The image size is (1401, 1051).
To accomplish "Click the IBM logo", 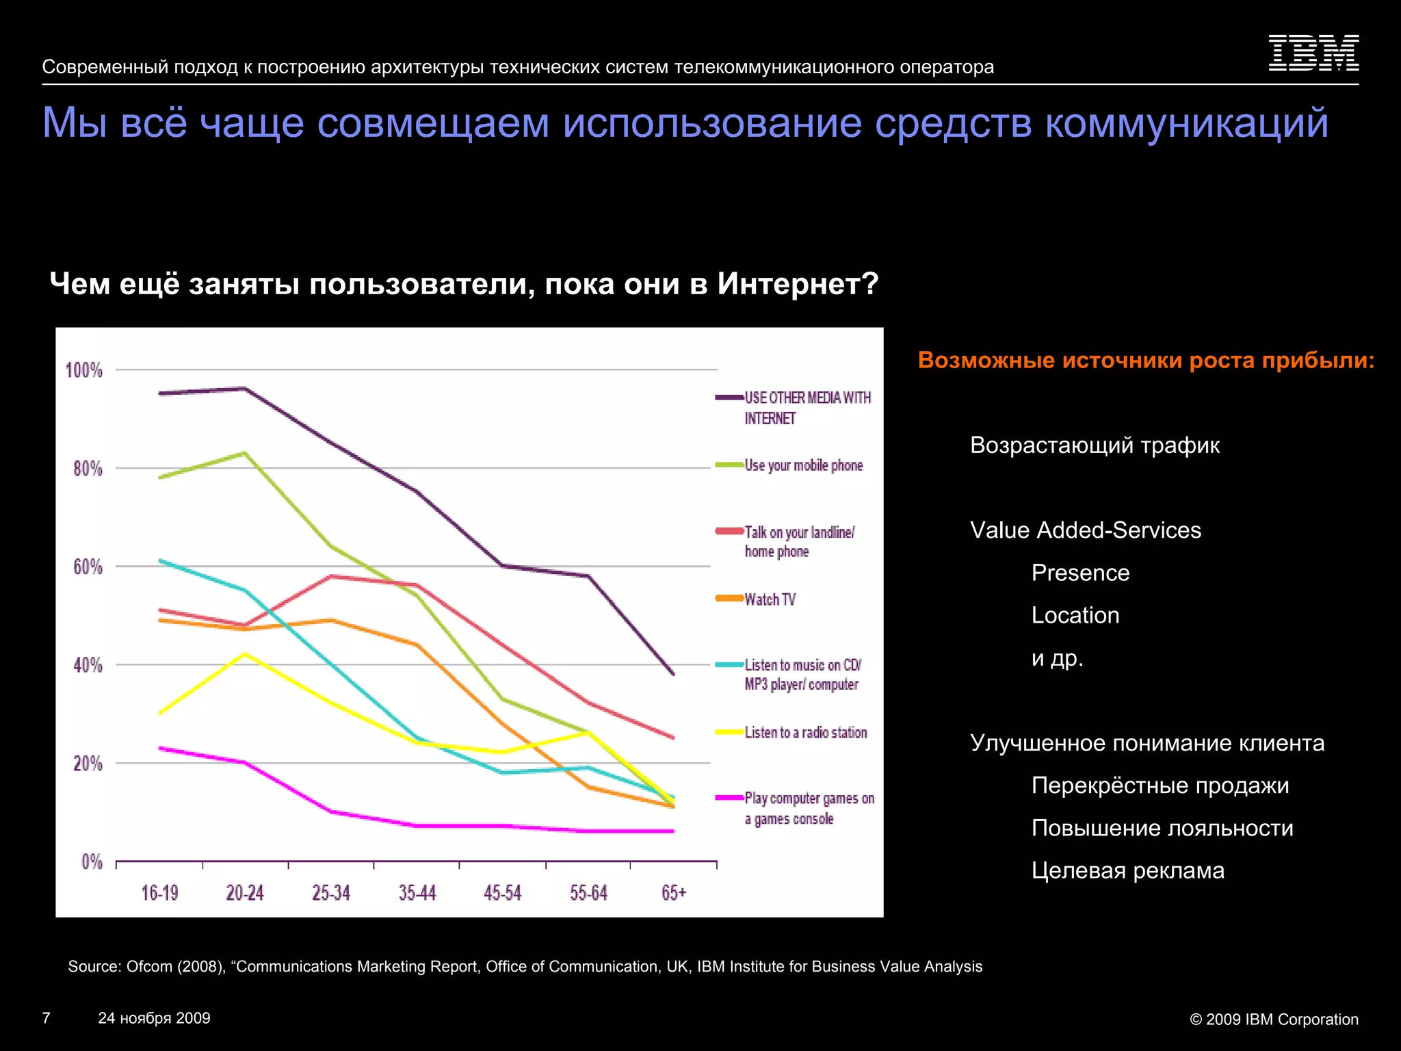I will coord(1313,53).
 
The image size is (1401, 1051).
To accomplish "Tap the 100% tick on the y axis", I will coord(84,370).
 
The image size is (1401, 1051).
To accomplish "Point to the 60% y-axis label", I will coord(88,567).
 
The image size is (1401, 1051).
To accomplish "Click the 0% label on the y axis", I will coord(92,861).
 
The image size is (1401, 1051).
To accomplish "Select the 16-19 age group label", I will coord(159,893).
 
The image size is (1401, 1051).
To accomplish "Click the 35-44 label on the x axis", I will coord(417,893).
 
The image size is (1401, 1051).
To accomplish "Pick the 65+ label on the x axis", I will coord(674,893).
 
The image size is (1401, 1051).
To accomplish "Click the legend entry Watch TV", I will coord(770,599).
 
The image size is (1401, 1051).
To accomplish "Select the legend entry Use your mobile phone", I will coord(803,465).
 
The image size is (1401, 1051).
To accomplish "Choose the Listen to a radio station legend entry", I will coord(805,732).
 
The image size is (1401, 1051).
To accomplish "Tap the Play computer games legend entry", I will coord(809,808).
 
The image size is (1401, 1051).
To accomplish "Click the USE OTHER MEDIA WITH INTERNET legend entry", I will coord(807,407).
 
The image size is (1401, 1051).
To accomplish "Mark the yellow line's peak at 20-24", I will coord(245,653).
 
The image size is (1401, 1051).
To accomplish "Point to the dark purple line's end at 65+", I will coord(673,674).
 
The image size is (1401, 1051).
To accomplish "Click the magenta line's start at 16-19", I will coord(160,748).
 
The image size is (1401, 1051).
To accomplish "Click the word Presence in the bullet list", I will coord(1080,573).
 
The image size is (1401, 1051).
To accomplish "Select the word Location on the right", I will coord(1075,615).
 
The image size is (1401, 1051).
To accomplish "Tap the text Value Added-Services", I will coord(1085,530).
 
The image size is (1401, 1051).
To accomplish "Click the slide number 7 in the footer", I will coord(47,1017).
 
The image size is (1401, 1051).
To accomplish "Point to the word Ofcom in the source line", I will coord(149,966).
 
